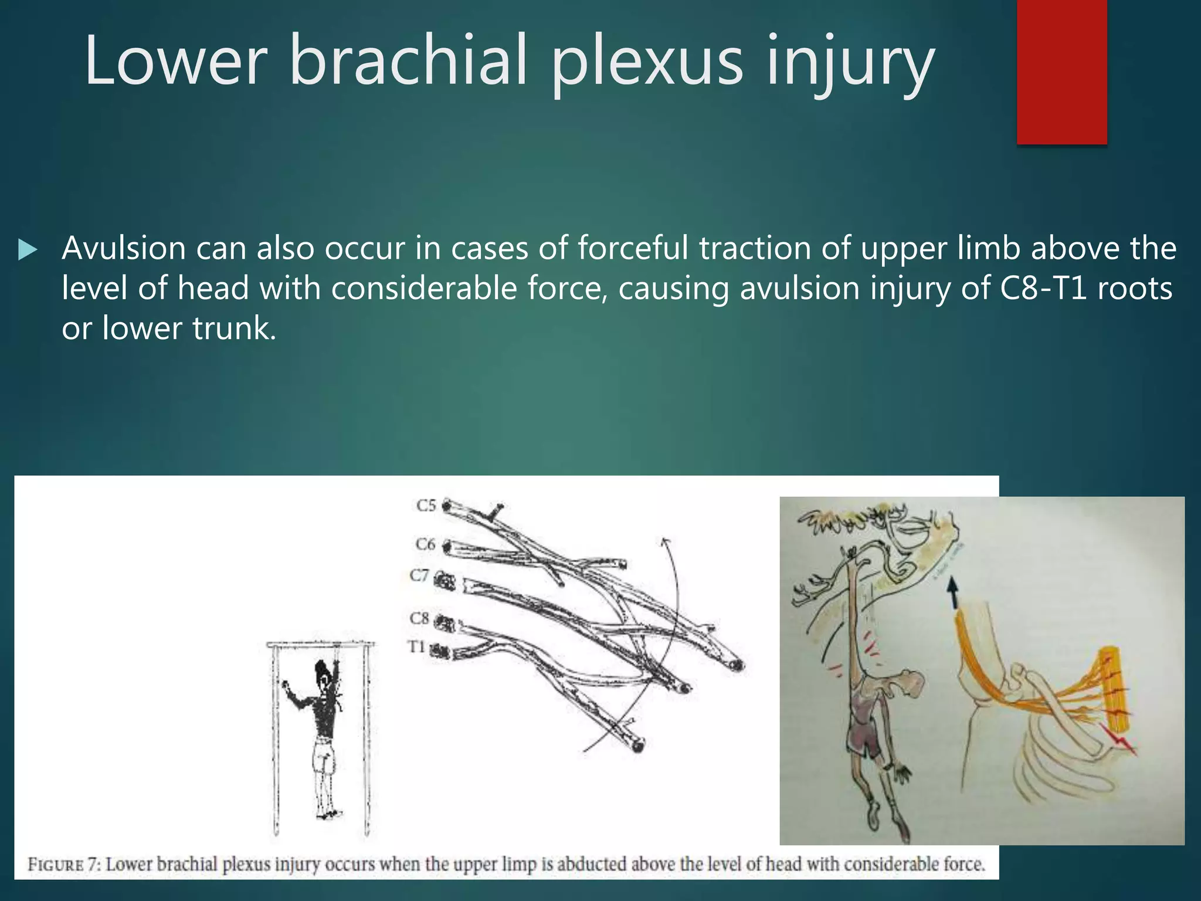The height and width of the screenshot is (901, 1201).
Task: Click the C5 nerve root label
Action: point(426,505)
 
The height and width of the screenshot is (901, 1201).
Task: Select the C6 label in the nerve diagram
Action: point(426,544)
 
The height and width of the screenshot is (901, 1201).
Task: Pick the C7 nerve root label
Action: point(419,575)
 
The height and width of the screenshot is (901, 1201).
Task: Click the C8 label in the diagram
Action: point(420,618)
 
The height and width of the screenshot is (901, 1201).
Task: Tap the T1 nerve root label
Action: point(416,646)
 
